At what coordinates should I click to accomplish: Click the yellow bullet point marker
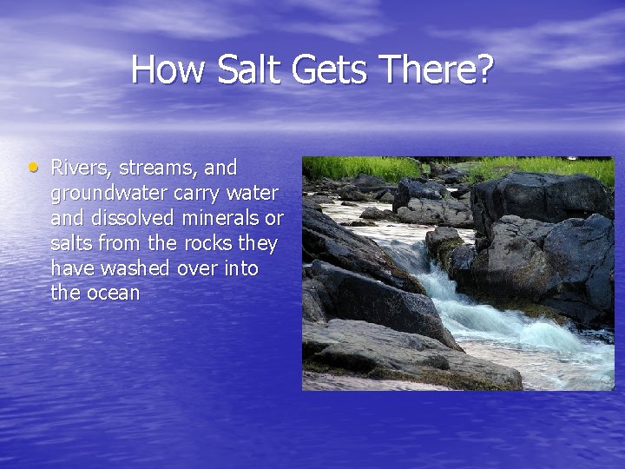32,165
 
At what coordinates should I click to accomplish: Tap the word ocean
112,293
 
